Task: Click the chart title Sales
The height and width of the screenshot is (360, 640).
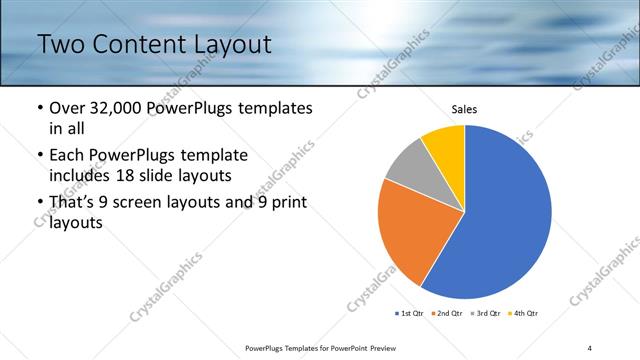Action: click(464, 108)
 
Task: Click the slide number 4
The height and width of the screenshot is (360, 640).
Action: click(590, 347)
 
